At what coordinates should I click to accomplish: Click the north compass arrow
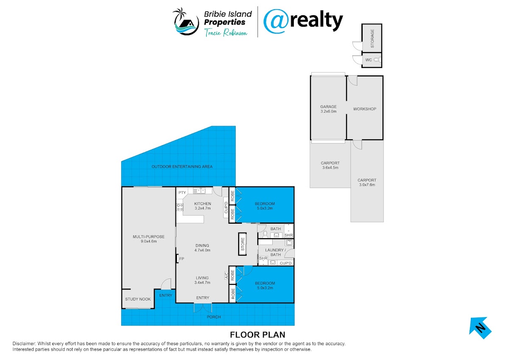(x=480, y=328)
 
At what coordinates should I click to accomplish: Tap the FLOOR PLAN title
(x=257, y=335)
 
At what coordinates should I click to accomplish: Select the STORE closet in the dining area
(x=243, y=244)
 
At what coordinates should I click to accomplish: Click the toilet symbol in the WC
(x=377, y=60)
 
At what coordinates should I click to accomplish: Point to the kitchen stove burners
(x=180, y=207)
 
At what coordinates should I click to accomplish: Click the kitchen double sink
(x=199, y=191)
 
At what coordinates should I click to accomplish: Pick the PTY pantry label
(x=182, y=192)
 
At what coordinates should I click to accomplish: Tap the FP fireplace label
(x=182, y=259)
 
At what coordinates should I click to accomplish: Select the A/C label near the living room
(x=227, y=276)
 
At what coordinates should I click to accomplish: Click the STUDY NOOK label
(x=138, y=299)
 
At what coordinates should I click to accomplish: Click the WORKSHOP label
(x=364, y=109)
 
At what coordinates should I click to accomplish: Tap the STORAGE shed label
(x=372, y=39)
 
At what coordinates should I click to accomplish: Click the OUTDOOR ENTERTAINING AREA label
(x=182, y=167)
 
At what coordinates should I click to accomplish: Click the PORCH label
(x=214, y=317)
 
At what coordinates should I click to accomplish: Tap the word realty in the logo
(x=316, y=21)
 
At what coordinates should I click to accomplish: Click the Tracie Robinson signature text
(x=226, y=32)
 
